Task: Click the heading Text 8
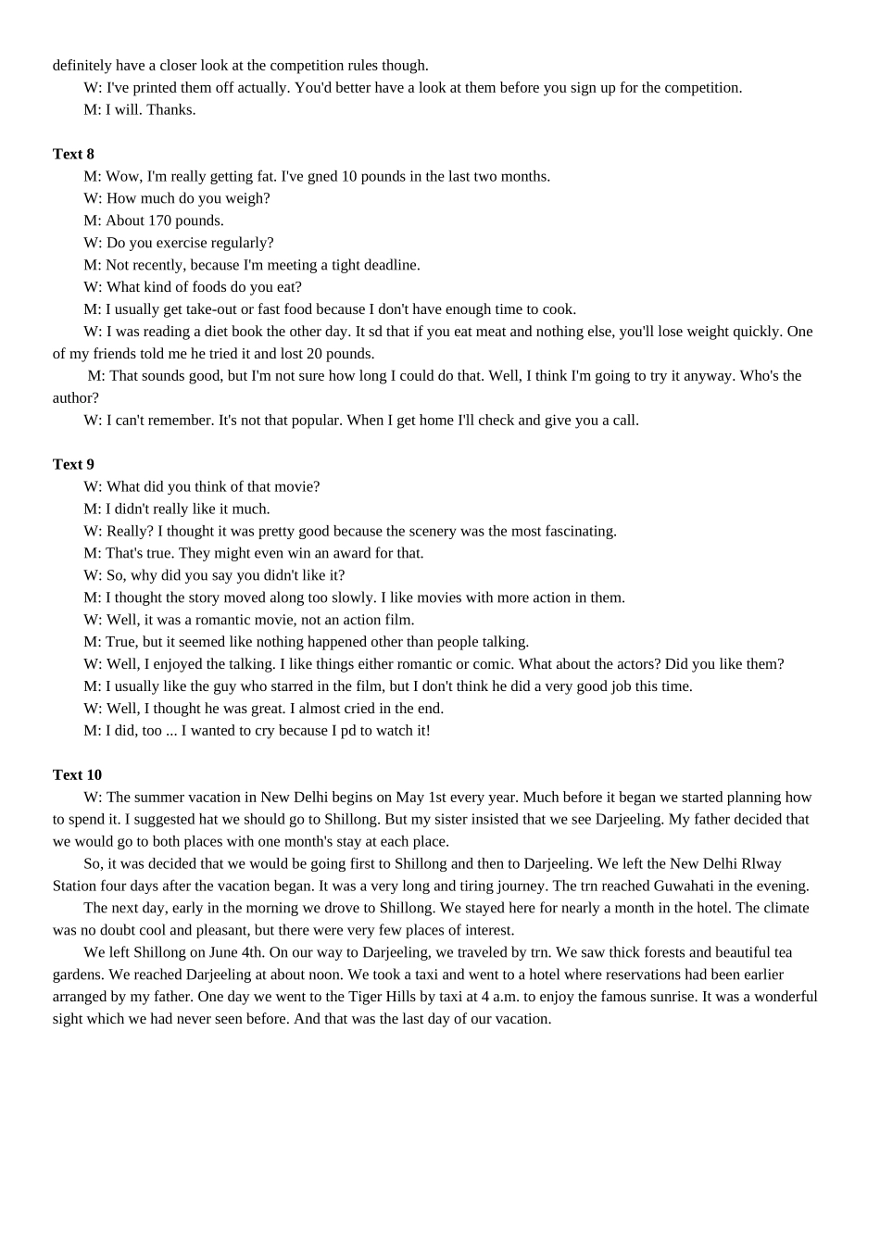(73, 154)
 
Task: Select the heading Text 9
(73, 464)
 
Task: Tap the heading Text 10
(77, 774)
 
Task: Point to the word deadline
(390, 265)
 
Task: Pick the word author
(73, 397)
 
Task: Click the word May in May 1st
(410, 797)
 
